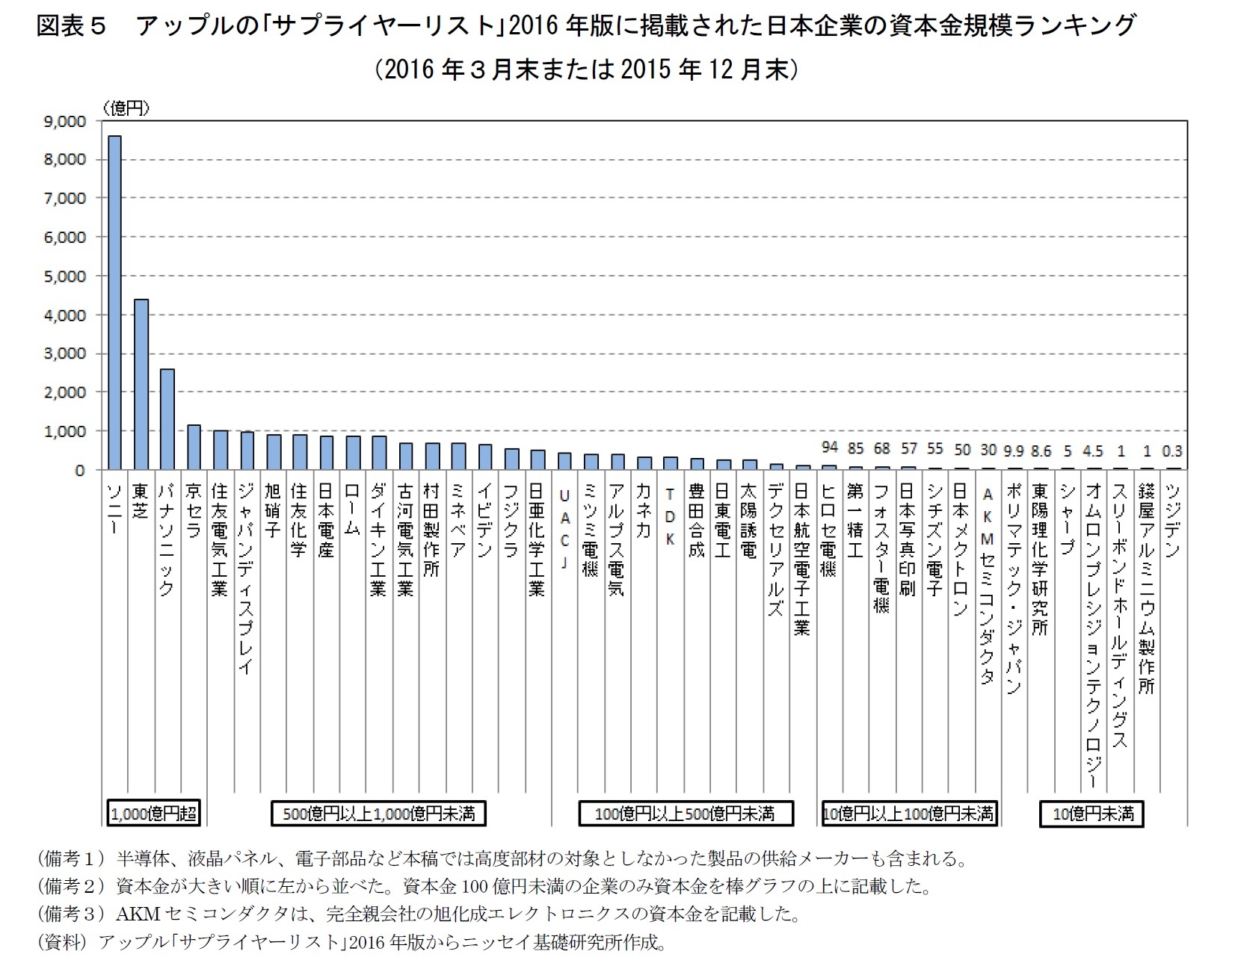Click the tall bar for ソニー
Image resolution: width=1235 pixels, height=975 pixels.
(114, 303)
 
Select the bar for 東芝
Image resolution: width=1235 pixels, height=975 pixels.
(141, 384)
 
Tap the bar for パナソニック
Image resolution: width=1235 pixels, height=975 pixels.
(167, 419)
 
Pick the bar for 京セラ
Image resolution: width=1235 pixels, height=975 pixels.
(194, 448)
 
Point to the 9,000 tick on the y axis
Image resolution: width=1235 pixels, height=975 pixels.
(65, 121)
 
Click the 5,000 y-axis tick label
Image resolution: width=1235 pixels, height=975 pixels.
(65, 276)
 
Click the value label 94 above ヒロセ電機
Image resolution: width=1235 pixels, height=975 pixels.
(829, 448)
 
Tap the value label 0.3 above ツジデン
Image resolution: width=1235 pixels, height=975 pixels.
(1171, 451)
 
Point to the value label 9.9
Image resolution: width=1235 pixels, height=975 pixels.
(1013, 451)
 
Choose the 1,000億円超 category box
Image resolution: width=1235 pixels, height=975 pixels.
(153, 814)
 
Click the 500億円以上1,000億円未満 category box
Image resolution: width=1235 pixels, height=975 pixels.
(378, 814)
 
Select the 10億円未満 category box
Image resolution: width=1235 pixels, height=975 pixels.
(1091, 814)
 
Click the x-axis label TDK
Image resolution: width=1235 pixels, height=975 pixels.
(670, 516)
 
